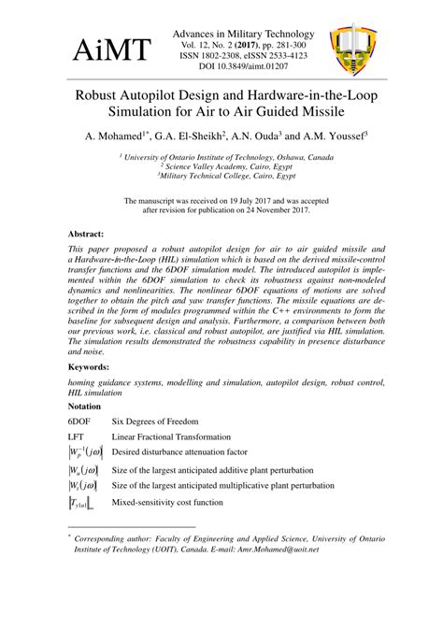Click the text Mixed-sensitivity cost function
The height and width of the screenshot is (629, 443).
tap(167, 503)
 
